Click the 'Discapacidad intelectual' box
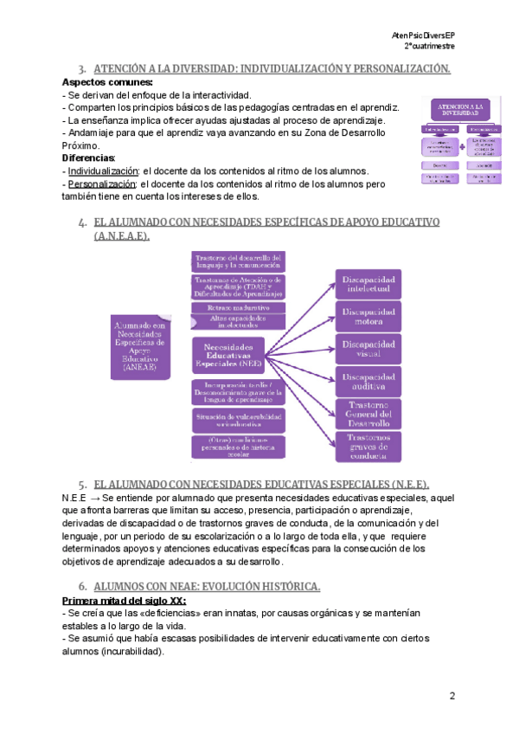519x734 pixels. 369,285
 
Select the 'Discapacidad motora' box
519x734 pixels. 369,317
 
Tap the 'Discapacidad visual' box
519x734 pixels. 369,349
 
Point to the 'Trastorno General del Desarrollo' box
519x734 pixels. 369,414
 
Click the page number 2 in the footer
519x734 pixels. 452,696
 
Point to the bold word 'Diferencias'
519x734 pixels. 88,158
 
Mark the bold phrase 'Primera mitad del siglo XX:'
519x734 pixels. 124,600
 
